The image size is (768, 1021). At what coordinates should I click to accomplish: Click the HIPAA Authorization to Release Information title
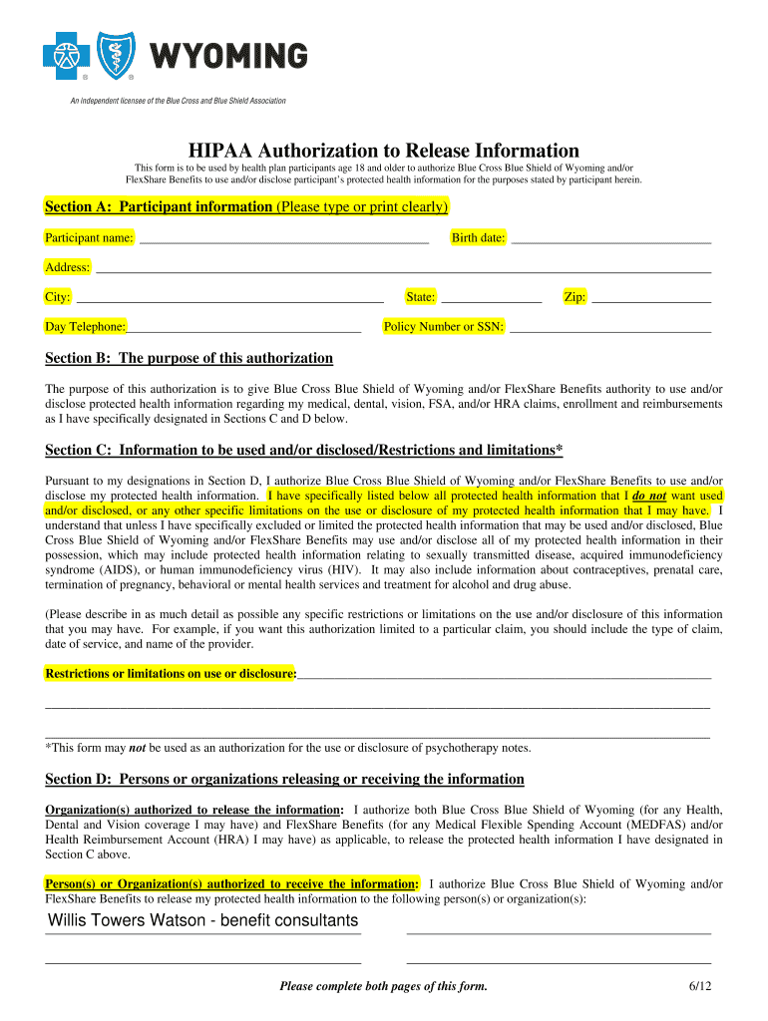[384, 150]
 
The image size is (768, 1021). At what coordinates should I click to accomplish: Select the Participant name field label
[89, 237]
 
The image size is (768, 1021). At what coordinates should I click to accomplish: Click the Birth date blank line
[610, 239]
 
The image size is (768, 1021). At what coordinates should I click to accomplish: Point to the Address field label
[67, 267]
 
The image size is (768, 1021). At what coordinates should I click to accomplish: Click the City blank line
[229, 298]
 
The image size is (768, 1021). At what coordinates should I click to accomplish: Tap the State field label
[420, 297]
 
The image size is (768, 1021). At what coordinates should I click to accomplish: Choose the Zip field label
[575, 297]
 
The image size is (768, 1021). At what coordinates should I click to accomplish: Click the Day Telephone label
[85, 327]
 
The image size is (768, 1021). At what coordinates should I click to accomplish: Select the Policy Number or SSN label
[444, 327]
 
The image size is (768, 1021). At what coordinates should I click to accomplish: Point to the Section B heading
[189, 358]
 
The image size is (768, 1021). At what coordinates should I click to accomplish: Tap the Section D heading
[284, 779]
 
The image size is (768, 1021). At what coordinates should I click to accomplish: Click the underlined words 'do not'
[649, 496]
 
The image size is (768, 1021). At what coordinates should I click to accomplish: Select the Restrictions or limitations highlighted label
[171, 674]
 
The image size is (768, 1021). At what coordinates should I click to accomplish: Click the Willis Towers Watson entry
[202, 920]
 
